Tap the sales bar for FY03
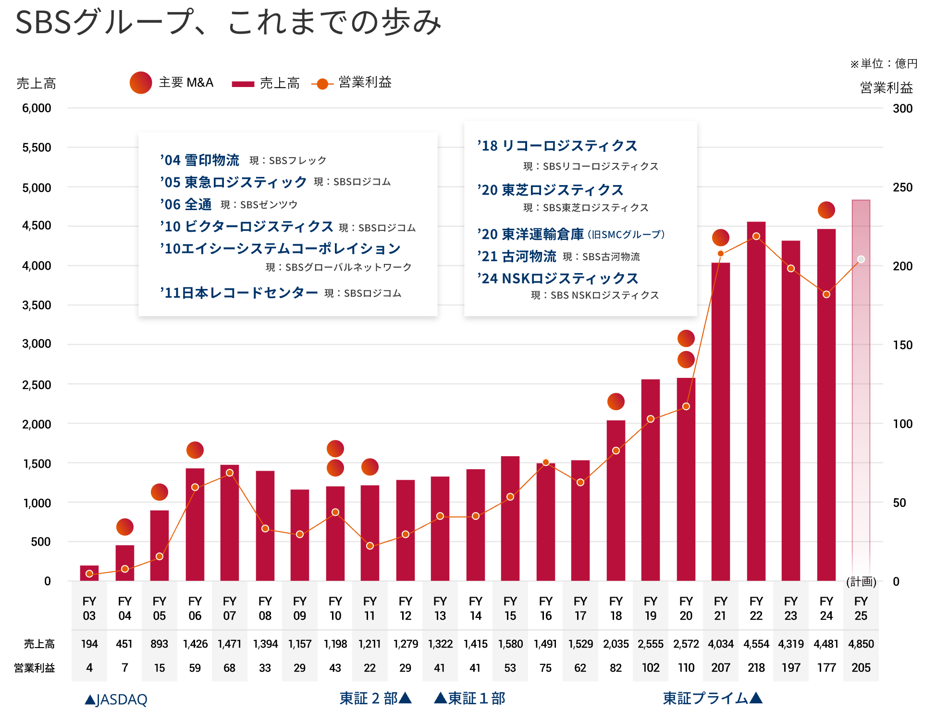tap(89, 573)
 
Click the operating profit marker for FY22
tap(756, 237)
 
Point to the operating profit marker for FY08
tap(265, 529)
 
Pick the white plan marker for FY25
tap(861, 260)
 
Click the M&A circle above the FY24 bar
tap(826, 210)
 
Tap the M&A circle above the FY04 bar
tap(125, 527)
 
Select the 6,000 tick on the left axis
tap(37, 108)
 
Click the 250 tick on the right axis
tap(902, 187)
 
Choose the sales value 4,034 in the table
tap(720, 644)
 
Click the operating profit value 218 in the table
tap(756, 668)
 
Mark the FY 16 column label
tap(545, 609)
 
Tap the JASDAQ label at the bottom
tap(116, 700)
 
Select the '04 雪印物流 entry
tap(200, 160)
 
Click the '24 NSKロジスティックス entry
tap(558, 278)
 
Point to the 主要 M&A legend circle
tap(141, 83)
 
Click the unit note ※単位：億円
tap(884, 63)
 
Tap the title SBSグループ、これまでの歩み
tap(228, 22)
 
